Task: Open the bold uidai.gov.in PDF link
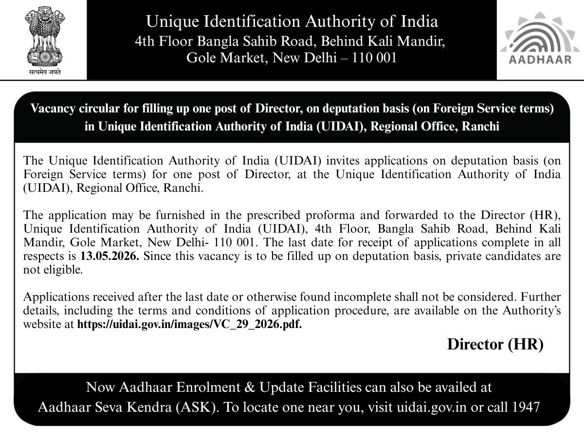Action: [190, 325]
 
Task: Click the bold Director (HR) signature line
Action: [495, 344]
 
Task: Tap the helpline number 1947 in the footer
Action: [526, 407]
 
